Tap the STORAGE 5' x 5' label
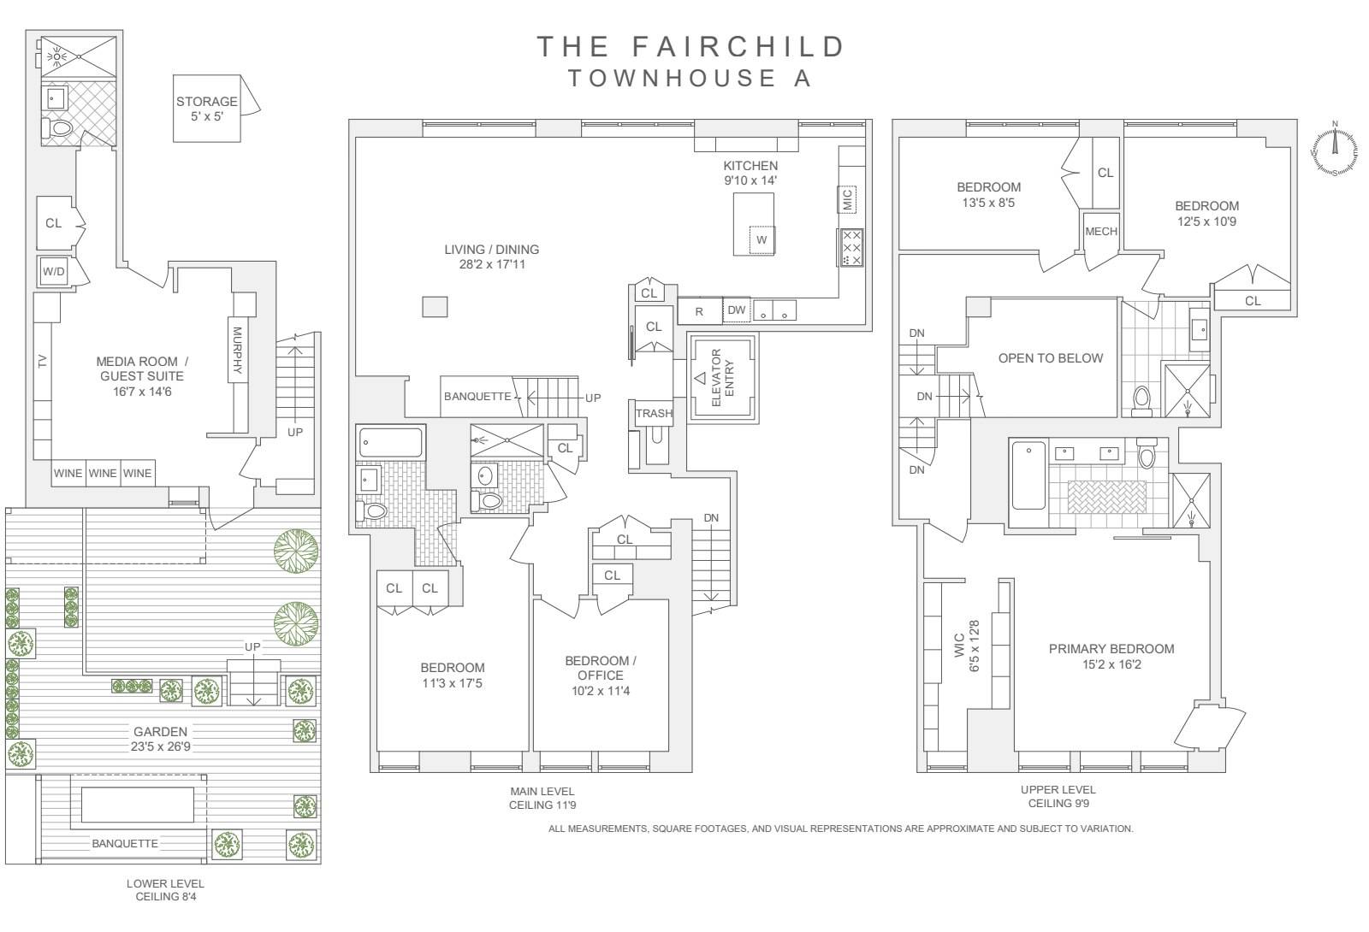(x=206, y=109)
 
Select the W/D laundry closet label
(x=53, y=271)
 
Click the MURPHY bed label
(x=237, y=350)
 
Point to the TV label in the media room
(x=42, y=362)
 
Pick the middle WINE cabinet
(x=103, y=474)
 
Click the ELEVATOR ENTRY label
(x=723, y=377)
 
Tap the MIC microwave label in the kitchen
(x=847, y=200)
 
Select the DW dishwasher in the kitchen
(x=737, y=310)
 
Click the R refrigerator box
(x=700, y=310)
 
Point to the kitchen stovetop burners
(x=851, y=247)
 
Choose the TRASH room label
(x=654, y=414)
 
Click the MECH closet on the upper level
(x=1101, y=232)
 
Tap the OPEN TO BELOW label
(x=1051, y=358)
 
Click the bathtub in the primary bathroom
(x=1028, y=475)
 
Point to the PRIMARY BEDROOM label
(x=1111, y=656)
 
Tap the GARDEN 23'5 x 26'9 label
(x=160, y=739)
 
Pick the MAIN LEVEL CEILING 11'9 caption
(x=542, y=799)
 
